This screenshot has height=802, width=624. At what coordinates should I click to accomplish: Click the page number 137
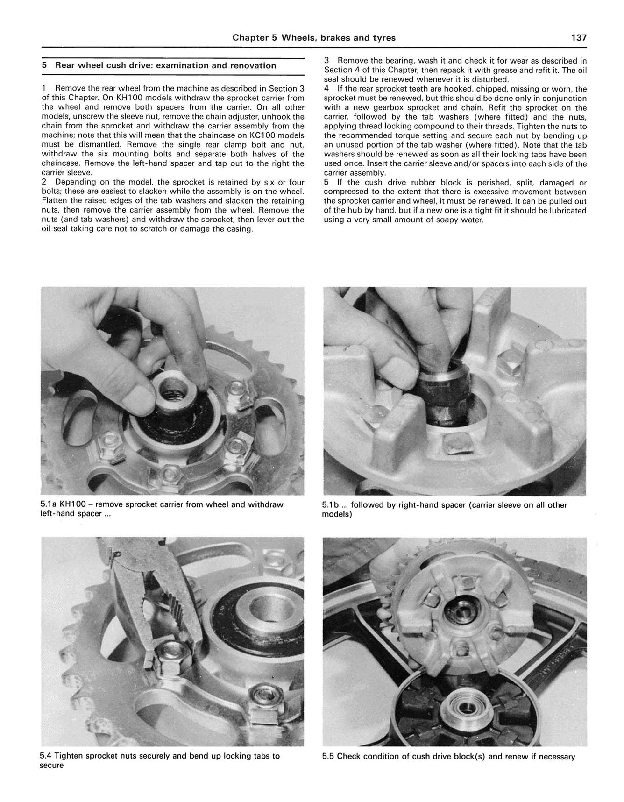pos(578,38)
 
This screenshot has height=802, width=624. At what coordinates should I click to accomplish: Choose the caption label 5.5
pos(328,756)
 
